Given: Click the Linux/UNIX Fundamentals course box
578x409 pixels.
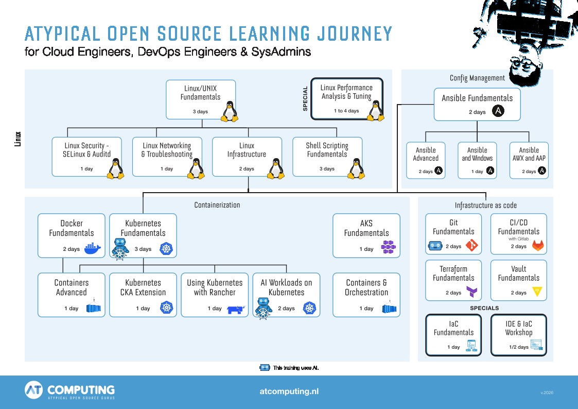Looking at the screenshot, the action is (x=201, y=99).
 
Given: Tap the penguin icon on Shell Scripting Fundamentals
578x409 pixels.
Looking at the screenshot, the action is (x=357, y=168).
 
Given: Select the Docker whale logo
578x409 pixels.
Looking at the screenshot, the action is (x=93, y=248).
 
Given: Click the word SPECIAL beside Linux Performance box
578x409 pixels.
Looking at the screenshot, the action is (x=305, y=98).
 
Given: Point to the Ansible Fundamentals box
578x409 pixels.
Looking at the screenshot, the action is (x=477, y=105).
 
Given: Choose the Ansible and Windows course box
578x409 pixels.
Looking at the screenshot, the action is (x=477, y=160).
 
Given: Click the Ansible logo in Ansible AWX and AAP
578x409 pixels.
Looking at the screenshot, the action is (x=542, y=171).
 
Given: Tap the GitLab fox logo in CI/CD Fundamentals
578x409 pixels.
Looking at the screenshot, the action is (x=538, y=246).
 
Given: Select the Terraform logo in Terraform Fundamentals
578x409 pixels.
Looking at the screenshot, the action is (x=471, y=292).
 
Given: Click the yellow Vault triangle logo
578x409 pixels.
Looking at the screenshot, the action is (x=537, y=292).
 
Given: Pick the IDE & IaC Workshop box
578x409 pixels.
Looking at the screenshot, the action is (x=519, y=335).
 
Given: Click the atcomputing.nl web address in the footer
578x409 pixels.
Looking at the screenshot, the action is (x=289, y=391).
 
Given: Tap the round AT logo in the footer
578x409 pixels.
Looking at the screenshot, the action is (x=34, y=390).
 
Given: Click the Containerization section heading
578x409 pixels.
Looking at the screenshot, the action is (x=217, y=205).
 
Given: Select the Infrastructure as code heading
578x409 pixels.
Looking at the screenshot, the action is (x=485, y=206).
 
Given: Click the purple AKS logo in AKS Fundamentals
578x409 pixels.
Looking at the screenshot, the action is (x=388, y=247).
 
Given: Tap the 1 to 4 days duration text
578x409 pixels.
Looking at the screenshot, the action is (x=346, y=111).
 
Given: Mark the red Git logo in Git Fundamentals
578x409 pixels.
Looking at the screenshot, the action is (x=472, y=245).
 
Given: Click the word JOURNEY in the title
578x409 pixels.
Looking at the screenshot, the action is (x=355, y=33).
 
